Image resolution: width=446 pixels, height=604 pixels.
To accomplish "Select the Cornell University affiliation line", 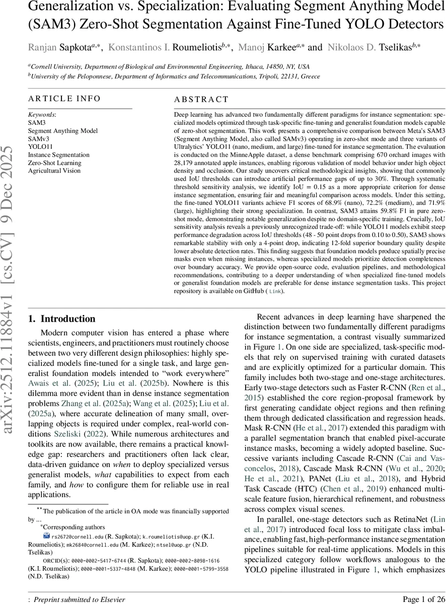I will pyautogui.click(x=169, y=66).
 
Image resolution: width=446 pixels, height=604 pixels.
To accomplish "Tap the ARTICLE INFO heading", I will pyautogui.click(x=64, y=99).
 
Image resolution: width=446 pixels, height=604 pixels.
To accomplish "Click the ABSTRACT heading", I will pyautogui.click(x=201, y=100).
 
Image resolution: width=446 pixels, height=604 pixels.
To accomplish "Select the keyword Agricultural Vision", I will pyautogui.click(x=54, y=171).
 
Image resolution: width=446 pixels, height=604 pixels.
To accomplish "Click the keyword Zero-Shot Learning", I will pyautogui.click(x=54, y=163).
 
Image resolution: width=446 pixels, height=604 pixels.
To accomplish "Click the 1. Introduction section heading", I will pyautogui.click(x=61, y=319).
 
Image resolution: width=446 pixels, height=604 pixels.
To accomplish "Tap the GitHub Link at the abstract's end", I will pyautogui.click(x=274, y=291).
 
